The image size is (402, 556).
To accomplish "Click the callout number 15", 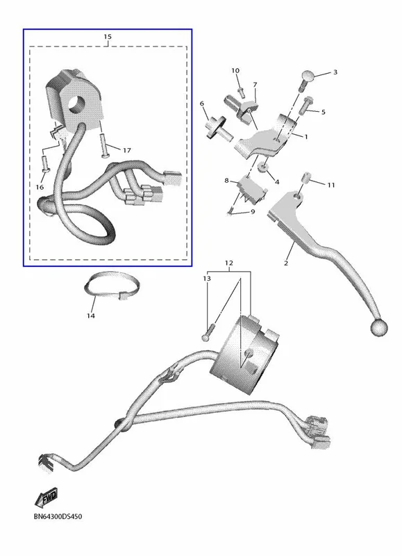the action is [x=108, y=37].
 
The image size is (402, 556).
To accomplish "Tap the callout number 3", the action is [x=335, y=72].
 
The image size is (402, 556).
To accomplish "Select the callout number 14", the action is [x=91, y=316].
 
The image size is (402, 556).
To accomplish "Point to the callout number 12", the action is [x=229, y=263].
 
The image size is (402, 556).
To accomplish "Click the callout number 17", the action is [x=127, y=150].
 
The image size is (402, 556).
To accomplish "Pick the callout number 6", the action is [x=202, y=104].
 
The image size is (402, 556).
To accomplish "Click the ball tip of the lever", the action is [x=379, y=327].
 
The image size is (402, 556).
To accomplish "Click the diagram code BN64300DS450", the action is [x=58, y=516].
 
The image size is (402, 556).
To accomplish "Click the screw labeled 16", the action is [x=45, y=165].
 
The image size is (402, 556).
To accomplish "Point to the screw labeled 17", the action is [x=103, y=146].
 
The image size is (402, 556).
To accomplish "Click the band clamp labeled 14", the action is [x=112, y=286].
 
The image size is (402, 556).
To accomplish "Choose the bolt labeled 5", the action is [x=306, y=105].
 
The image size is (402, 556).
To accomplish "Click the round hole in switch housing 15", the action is [x=77, y=104].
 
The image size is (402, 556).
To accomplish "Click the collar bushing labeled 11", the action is [x=305, y=177].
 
